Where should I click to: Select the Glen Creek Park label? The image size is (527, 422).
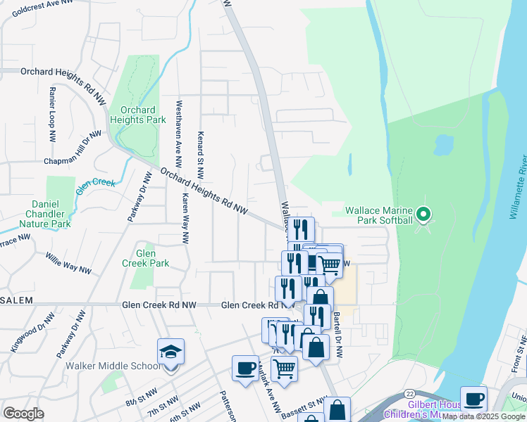pyautogui.click(x=146, y=258)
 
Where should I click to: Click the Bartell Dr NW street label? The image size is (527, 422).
pyautogui.click(x=337, y=335)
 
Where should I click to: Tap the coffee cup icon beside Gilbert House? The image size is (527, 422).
pyautogui.click(x=473, y=398)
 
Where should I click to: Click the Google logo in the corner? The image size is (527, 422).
pyautogui.click(x=24, y=413)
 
